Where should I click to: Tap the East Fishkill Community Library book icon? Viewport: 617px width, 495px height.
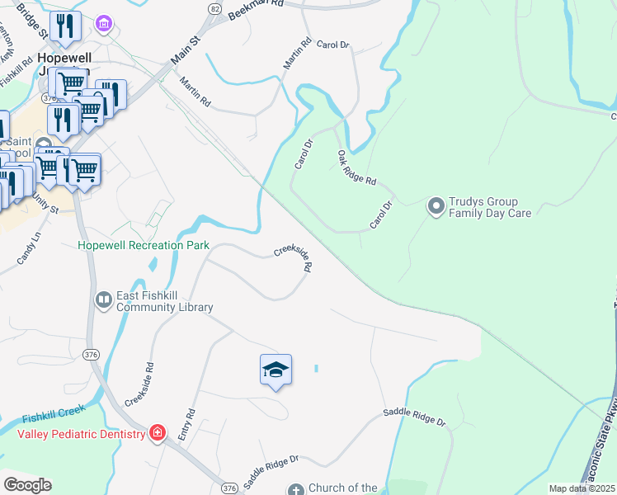(x=104, y=300)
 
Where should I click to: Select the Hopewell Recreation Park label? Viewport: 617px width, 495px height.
(x=144, y=246)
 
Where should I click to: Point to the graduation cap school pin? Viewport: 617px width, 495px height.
(x=276, y=370)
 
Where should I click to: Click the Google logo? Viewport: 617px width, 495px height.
(x=27, y=485)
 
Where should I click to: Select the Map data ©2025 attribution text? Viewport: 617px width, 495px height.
(x=582, y=488)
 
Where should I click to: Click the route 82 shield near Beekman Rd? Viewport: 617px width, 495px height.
(x=214, y=8)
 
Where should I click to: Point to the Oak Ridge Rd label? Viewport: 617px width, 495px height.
(x=356, y=167)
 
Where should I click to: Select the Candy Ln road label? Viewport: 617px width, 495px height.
(x=28, y=249)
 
